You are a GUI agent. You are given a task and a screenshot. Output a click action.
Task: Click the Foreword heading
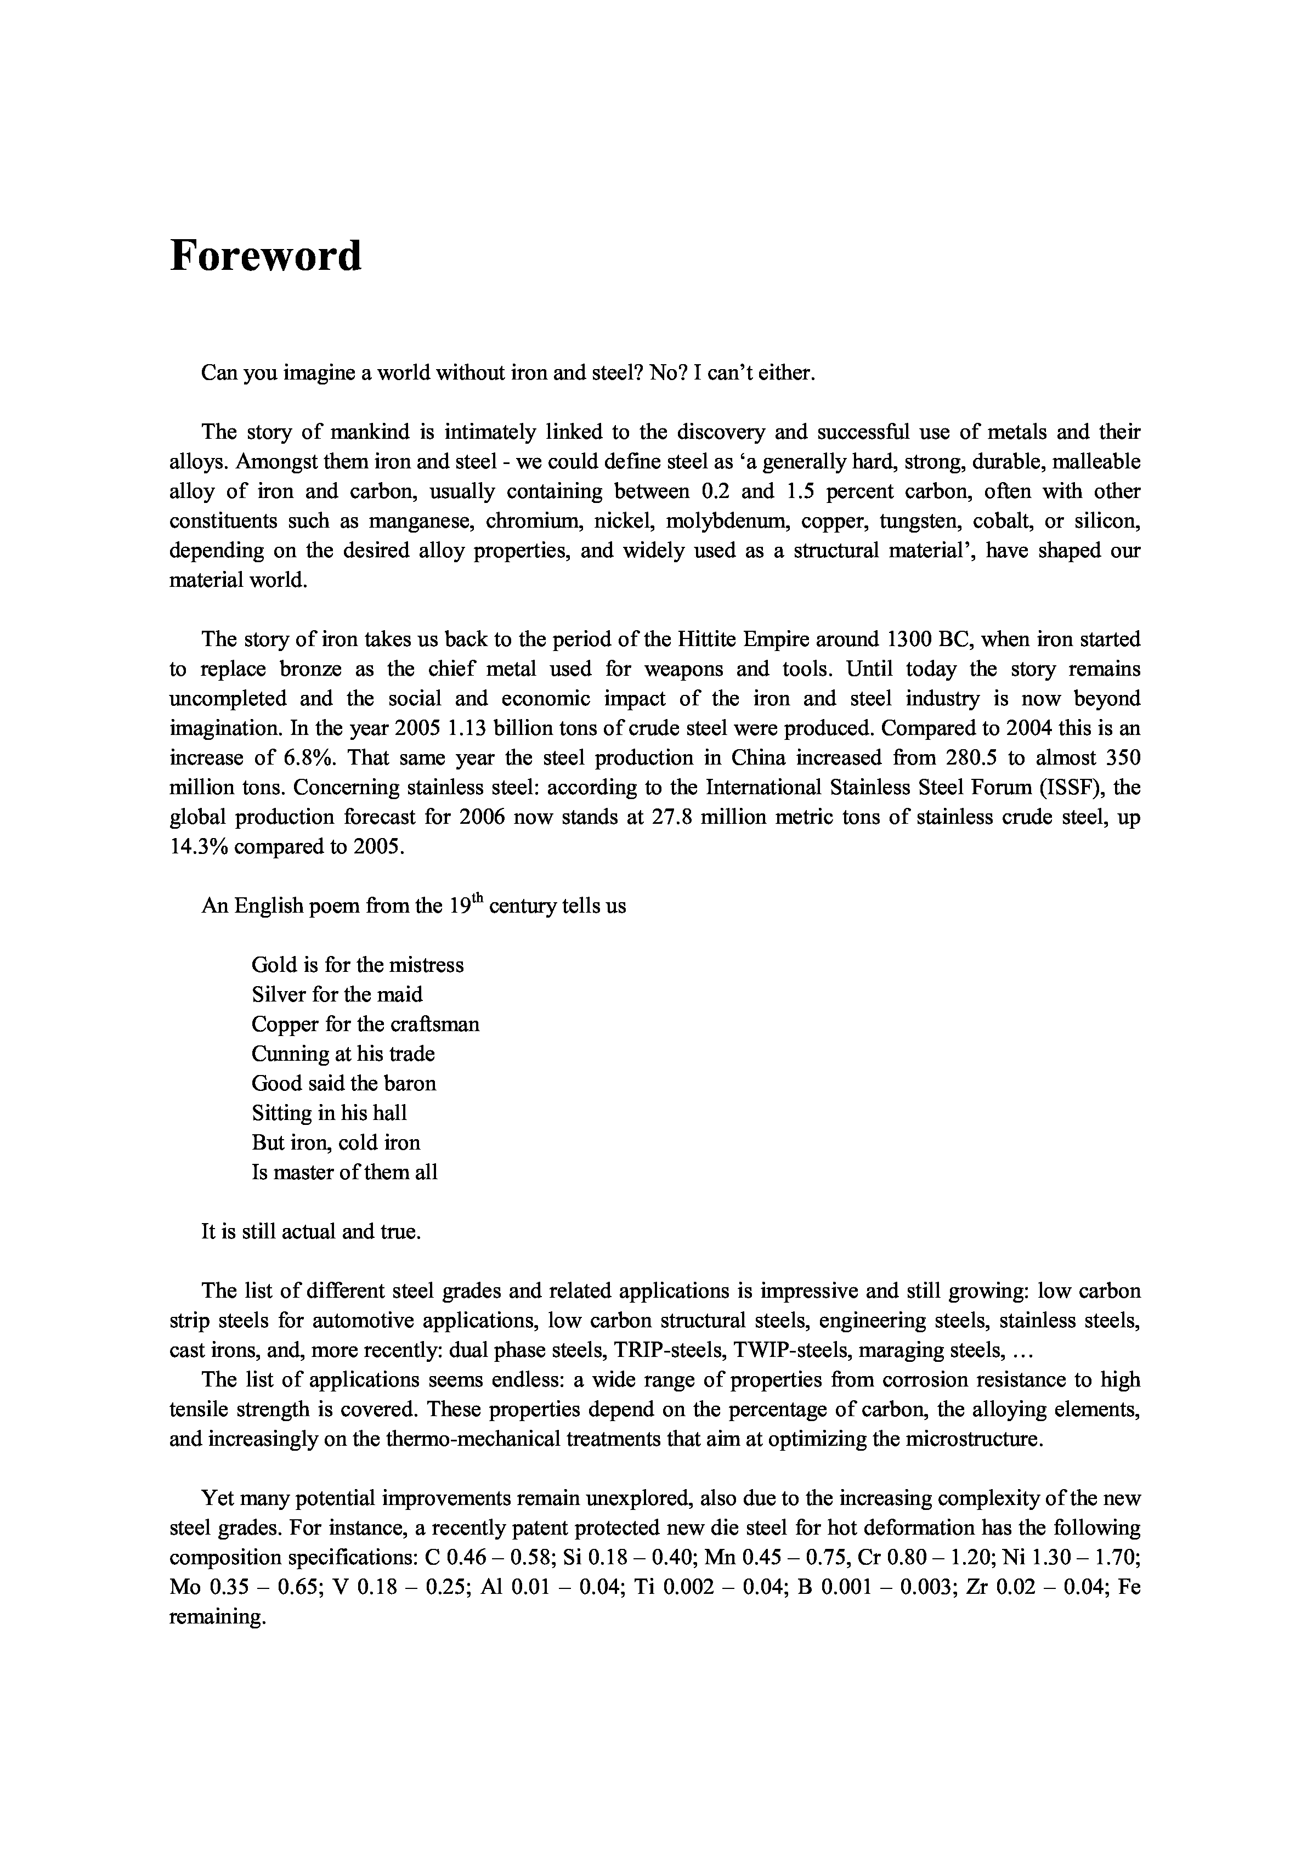[265, 256]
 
